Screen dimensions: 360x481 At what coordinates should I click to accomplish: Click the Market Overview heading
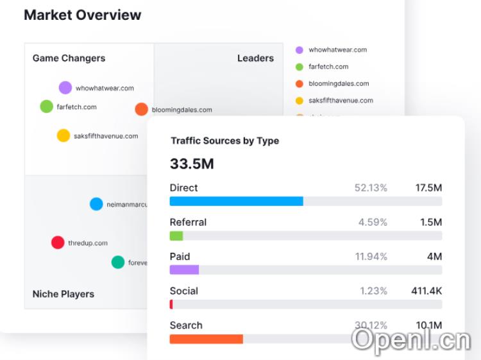[82, 15]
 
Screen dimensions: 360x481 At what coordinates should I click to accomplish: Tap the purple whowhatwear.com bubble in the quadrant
[65, 88]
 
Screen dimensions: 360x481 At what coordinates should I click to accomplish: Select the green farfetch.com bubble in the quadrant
[46, 107]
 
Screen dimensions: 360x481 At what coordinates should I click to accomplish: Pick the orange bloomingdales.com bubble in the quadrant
[141, 109]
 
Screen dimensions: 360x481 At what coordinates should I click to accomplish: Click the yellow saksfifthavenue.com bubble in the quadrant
[63, 135]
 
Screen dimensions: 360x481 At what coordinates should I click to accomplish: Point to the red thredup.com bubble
[58, 243]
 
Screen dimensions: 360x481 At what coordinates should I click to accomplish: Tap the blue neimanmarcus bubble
[96, 204]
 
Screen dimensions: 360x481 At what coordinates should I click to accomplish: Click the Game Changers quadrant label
[69, 58]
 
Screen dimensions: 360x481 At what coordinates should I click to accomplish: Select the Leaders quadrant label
[255, 58]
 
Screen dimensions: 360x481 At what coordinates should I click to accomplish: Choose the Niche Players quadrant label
[63, 294]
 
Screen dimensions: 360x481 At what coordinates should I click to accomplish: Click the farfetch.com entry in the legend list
[328, 67]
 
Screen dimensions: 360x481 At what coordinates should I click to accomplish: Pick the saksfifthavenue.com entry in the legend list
[340, 100]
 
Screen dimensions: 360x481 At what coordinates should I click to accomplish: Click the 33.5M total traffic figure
[192, 164]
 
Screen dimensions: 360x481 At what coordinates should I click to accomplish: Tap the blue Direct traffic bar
[236, 201]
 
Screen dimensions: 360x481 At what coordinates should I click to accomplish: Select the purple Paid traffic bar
[184, 270]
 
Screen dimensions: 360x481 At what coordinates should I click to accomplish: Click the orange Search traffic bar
[206, 338]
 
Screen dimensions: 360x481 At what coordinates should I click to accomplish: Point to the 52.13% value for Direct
[371, 187]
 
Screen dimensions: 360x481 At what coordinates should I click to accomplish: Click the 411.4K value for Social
[426, 291]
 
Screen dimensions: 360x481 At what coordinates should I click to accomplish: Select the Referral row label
[188, 222]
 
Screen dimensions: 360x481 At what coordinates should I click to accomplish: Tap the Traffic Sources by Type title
[224, 141]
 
